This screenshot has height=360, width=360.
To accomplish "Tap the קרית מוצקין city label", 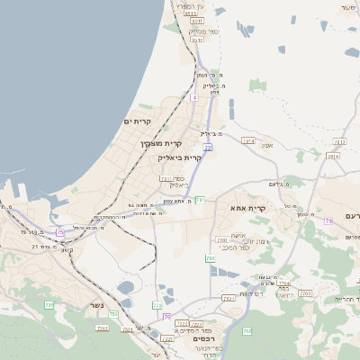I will coord(161,143).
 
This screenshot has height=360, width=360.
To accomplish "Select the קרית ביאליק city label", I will coord(180,157).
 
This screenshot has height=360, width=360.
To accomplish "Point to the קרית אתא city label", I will coord(248,208).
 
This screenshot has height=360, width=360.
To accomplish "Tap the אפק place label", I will coord(267,143).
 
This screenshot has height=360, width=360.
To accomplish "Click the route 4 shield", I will coord(194,96).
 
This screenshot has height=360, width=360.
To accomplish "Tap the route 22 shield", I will coord(207,147).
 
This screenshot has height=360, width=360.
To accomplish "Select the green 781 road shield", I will coord(200,200).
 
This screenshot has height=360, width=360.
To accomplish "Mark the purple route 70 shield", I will coord(167,317).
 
